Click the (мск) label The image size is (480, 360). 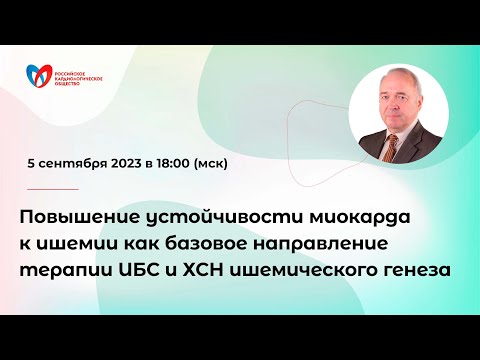(x=219, y=163)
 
